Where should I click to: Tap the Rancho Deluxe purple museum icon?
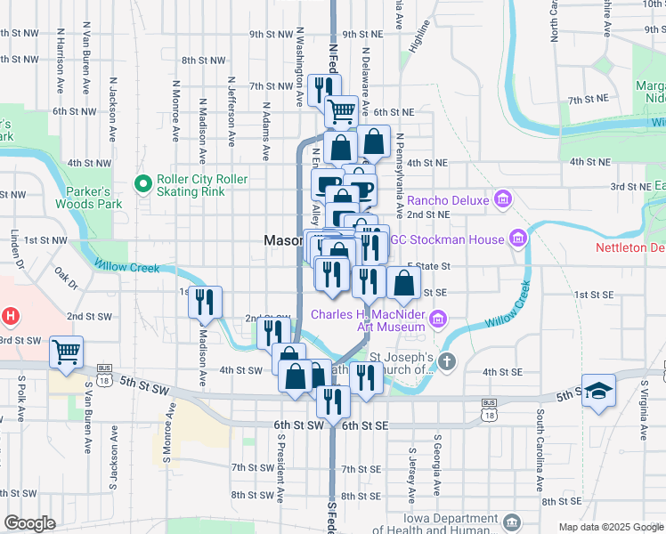pyautogui.click(x=501, y=198)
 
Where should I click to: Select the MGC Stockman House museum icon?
pyautogui.click(x=517, y=238)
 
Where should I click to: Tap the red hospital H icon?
pyautogui.click(x=10, y=315)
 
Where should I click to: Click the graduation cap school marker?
pyautogui.click(x=598, y=392)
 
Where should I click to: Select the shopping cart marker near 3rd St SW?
pyautogui.click(x=66, y=352)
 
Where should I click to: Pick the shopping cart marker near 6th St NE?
pyautogui.click(x=341, y=111)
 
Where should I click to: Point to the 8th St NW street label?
pyautogui.click(x=202, y=61)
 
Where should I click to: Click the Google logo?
pyautogui.click(x=28, y=523)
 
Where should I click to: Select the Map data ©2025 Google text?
pyautogui.click(x=610, y=527)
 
